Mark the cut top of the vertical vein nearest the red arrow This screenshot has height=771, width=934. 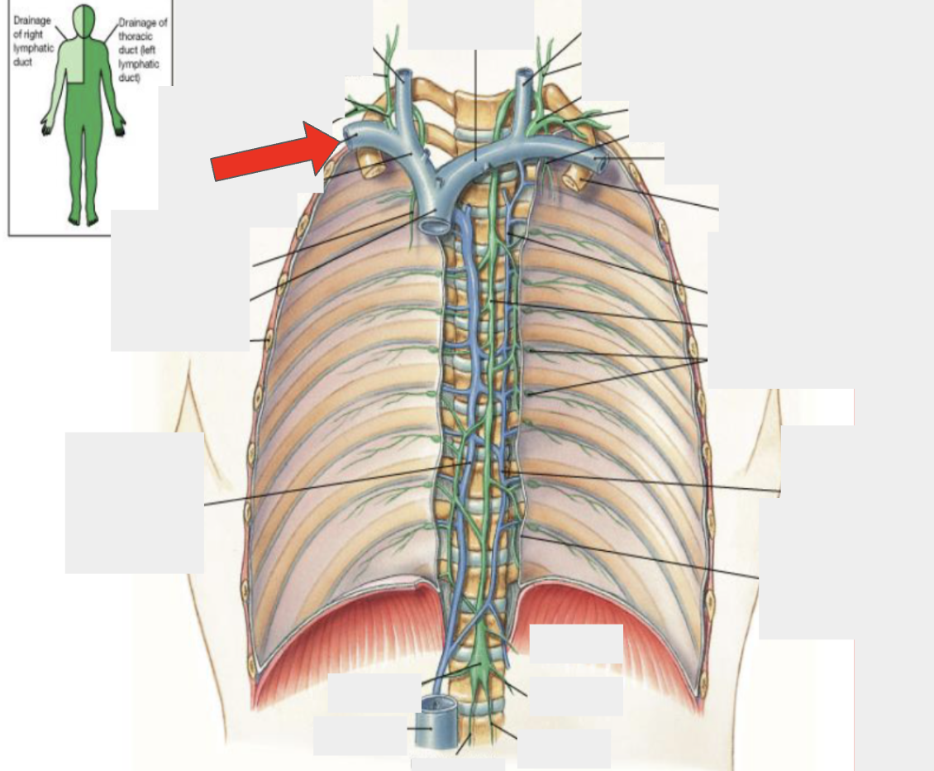click(404, 76)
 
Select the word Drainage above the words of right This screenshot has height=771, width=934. click(31, 21)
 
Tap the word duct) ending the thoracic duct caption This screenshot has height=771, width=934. click(129, 78)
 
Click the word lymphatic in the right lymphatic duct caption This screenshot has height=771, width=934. click(33, 48)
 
